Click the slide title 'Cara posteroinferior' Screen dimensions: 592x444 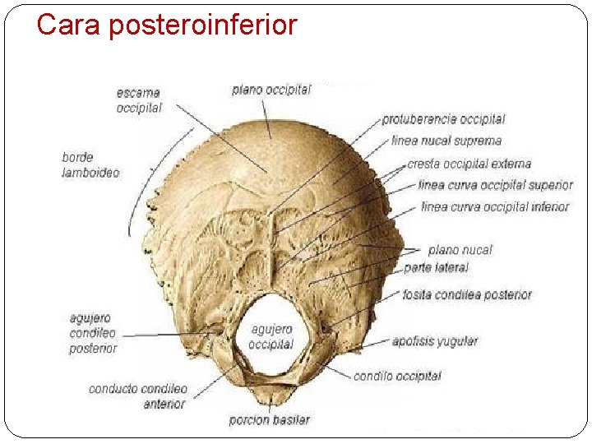pos(167,25)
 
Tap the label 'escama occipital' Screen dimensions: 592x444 pos(139,100)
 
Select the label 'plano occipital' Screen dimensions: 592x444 pos(271,90)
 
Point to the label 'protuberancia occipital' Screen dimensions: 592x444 pos(443,120)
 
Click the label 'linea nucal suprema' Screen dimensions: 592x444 pos(446,141)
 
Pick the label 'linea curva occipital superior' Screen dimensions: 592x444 pos(495,186)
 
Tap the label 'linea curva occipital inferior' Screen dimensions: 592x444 pos(494,207)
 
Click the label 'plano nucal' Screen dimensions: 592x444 pos(460,250)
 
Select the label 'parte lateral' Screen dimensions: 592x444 pos(436,268)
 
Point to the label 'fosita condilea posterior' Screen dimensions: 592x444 pos(467,294)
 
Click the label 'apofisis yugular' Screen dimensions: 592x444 pos(435,340)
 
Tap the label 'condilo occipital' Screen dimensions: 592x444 pos(397,377)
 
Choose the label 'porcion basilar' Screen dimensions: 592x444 pos(270,420)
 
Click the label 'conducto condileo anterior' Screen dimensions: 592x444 pos(138,396)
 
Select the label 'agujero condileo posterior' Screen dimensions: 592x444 pos(93,333)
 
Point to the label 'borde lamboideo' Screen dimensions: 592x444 pos(90,164)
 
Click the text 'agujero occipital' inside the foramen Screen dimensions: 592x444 pos(271,336)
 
